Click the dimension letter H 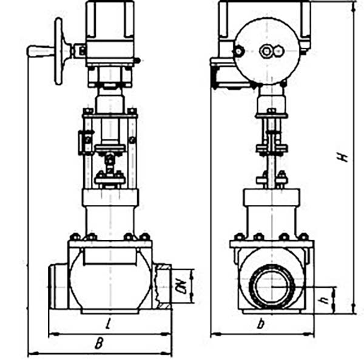[343, 157]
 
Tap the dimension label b [261, 324]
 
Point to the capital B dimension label [99, 343]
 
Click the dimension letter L [108, 324]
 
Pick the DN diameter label [183, 287]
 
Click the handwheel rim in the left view [58, 52]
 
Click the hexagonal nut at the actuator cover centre [265, 52]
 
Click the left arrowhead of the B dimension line [33, 354]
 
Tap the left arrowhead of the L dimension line [54, 335]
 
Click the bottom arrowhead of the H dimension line [354, 308]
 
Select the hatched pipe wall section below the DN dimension [165, 306]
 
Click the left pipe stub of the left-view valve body [58, 287]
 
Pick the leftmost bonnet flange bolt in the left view [75, 237]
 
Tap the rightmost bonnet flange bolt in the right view [303, 237]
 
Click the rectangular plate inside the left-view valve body [110, 256]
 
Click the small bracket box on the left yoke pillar [85, 142]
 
